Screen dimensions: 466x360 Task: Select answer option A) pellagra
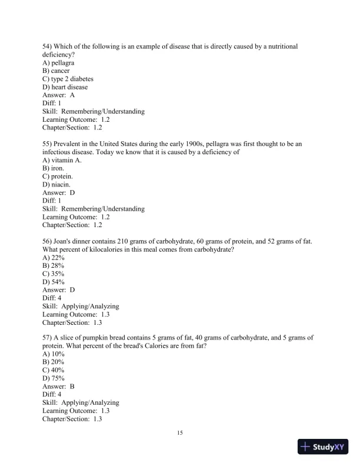click(x=58, y=62)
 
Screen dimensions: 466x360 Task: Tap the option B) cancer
click(x=56, y=71)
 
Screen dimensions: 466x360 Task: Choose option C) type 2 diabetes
click(x=68, y=79)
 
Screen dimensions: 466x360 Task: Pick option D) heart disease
click(x=65, y=87)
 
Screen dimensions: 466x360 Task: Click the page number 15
click(x=180, y=434)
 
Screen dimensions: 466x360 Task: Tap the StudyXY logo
click(x=324, y=447)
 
